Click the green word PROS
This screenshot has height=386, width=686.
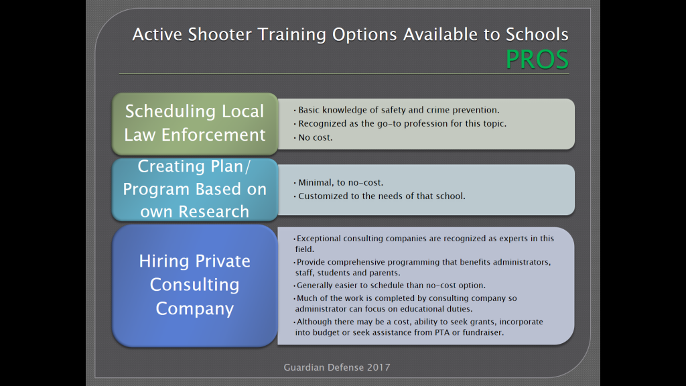[537, 59]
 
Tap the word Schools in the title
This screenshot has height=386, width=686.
[537, 34]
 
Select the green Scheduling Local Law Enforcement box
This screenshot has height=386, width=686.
[195, 123]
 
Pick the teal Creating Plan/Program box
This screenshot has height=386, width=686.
[195, 189]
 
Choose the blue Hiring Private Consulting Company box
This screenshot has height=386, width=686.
[195, 285]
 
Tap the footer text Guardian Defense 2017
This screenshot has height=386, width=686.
[337, 367]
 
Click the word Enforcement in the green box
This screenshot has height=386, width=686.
[214, 135]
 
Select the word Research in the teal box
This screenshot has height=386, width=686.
[214, 211]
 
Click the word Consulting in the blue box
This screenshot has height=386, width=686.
[195, 284]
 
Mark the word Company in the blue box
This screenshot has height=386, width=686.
[195, 309]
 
